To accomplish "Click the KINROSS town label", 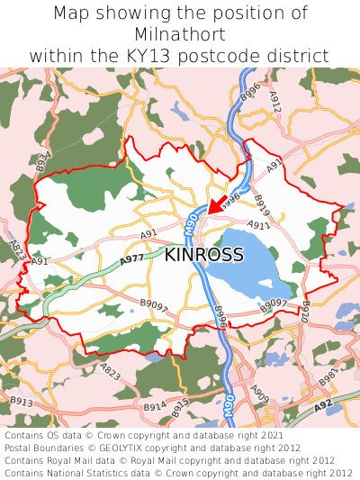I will tap(203, 255).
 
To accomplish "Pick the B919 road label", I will tap(262, 204).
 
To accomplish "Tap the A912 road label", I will tap(275, 104).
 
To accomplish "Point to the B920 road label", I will tap(305, 314).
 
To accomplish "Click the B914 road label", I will tap(154, 407).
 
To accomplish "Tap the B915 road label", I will tap(180, 406).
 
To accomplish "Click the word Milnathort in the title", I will tap(180, 34).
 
